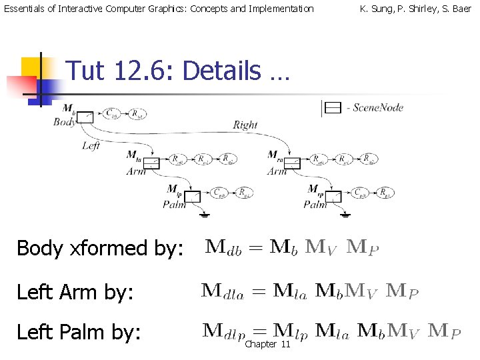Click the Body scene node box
(85, 117)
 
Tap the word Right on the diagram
(245, 125)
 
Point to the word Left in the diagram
(91, 145)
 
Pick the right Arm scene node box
(293, 162)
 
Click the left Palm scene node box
(193, 196)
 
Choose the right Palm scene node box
(333, 196)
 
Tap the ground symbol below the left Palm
(206, 215)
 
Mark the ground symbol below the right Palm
(347, 215)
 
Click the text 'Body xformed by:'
(99, 248)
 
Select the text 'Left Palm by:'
(79, 331)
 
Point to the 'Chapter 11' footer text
(267, 343)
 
